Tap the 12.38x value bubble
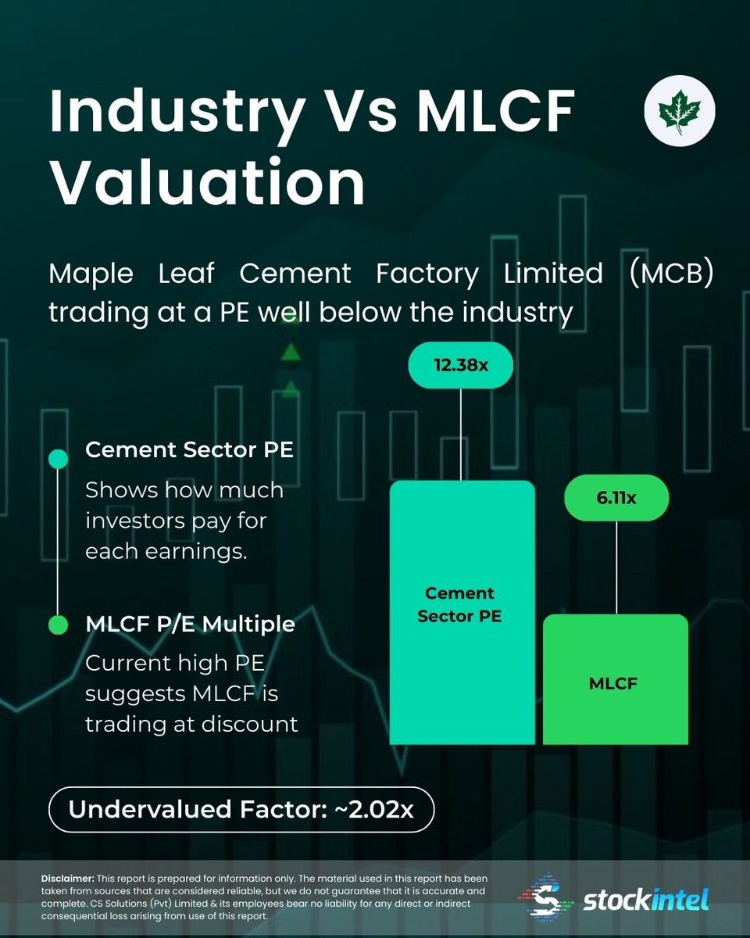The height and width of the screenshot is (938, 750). tap(460, 365)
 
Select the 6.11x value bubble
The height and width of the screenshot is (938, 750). tap(616, 497)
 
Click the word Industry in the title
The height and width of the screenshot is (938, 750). tap(175, 112)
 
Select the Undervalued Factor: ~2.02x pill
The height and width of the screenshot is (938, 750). tap(241, 809)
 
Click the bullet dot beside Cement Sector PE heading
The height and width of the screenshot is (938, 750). tap(58, 459)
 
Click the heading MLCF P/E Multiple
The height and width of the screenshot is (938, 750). tap(190, 625)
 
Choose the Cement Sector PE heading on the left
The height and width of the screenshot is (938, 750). tap(189, 451)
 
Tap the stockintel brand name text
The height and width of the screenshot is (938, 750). tap(645, 901)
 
